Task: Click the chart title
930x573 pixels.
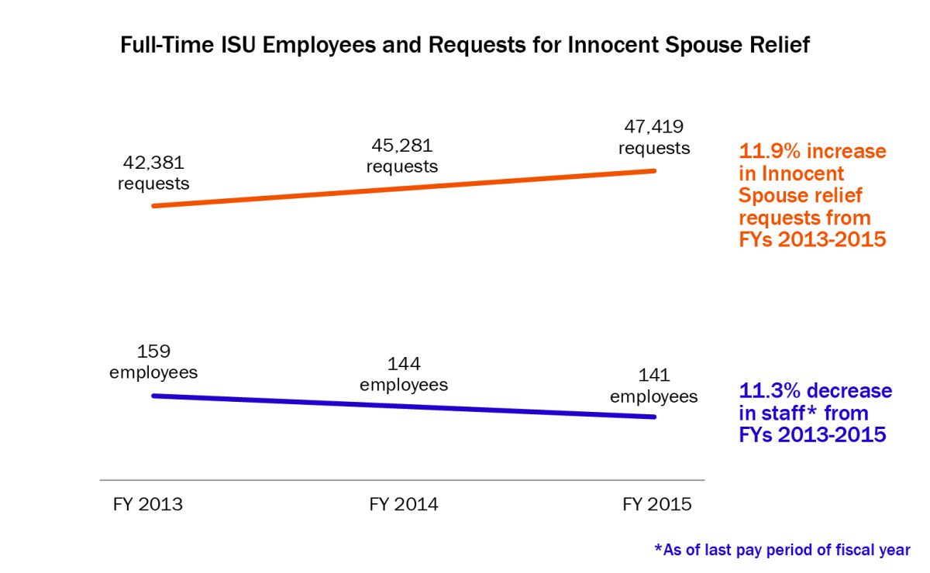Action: (465, 46)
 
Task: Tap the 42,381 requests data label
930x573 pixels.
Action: (153, 173)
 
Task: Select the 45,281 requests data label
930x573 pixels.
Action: (402, 156)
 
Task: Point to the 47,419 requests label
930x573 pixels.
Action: (653, 136)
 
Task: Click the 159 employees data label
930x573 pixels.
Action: (153, 361)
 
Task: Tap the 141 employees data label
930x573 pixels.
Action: (653, 386)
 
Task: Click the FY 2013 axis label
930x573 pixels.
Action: (148, 505)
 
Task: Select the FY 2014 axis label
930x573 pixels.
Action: (404, 505)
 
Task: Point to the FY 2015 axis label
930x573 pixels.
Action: (656, 505)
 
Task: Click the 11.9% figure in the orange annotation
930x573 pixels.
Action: (767, 151)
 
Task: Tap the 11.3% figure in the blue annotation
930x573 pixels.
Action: (767, 391)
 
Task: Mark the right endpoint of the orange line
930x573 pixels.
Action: (655, 170)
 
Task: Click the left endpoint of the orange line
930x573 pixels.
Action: (154, 206)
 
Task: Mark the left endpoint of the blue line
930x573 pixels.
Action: (154, 395)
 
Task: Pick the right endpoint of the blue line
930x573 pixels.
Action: (655, 417)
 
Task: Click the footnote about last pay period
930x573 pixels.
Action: (783, 550)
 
